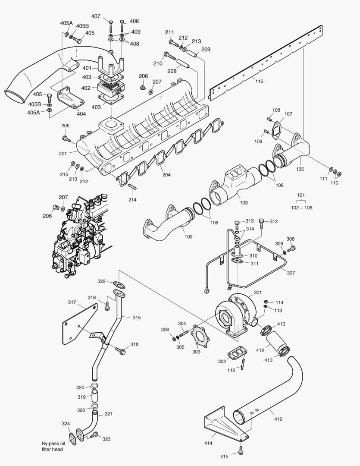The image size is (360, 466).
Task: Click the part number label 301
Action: (257, 293)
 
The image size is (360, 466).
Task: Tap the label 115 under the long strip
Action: (259, 81)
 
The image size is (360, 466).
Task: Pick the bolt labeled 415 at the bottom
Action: (241, 452)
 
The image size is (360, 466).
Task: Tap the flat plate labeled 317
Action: (80, 324)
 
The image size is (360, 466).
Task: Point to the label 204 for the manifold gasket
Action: (166, 175)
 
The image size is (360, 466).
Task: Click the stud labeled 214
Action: (132, 187)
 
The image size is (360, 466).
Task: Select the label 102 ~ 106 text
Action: (301, 208)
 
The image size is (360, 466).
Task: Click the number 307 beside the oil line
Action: (291, 273)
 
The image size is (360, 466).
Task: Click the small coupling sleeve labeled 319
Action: (95, 396)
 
